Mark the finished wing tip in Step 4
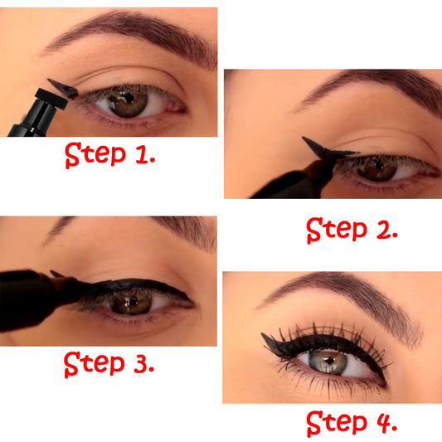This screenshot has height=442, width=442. pyautogui.click(x=267, y=338)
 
